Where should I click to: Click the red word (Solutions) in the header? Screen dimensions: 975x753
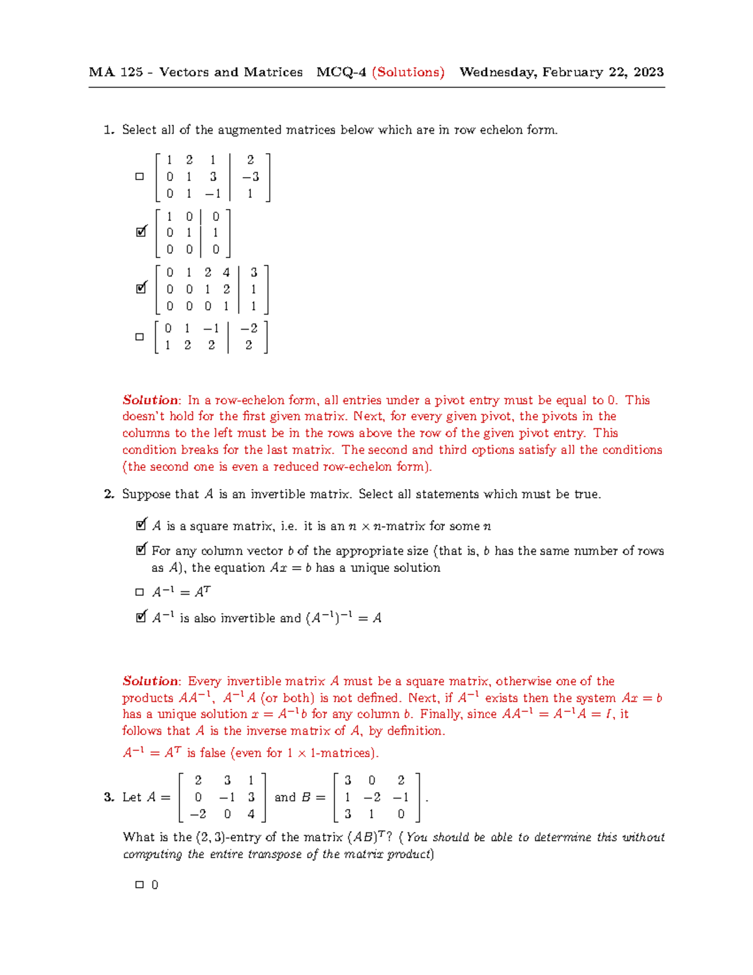pos(408,72)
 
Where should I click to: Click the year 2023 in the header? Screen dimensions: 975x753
pos(649,72)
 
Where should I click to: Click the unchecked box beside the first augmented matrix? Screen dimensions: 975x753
pos(139,176)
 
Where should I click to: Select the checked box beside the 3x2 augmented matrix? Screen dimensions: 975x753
pos(141,232)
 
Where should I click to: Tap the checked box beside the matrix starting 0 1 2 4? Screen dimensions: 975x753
pos(141,289)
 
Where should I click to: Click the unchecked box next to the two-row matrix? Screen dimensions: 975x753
pos(139,337)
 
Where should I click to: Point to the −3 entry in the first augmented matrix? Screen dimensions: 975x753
pos(250,177)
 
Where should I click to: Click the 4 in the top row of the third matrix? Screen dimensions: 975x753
pos(226,272)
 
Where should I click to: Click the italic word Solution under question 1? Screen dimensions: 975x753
pos(151,401)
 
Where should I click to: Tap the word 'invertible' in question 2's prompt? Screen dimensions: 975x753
pos(276,495)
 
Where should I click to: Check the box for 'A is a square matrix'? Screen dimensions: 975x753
pos(141,525)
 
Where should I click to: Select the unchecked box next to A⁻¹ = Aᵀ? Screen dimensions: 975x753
pos(139,592)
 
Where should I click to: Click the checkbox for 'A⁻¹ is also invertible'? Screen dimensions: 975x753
pos(141,618)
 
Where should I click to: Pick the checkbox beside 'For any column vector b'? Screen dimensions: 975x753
pos(141,551)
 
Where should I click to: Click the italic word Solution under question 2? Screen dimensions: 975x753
pos(151,681)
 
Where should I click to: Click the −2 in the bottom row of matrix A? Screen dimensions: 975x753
pos(198,814)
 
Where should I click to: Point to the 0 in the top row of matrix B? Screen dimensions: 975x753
pos(372,780)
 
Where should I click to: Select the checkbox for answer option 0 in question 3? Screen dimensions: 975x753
pos(139,885)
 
